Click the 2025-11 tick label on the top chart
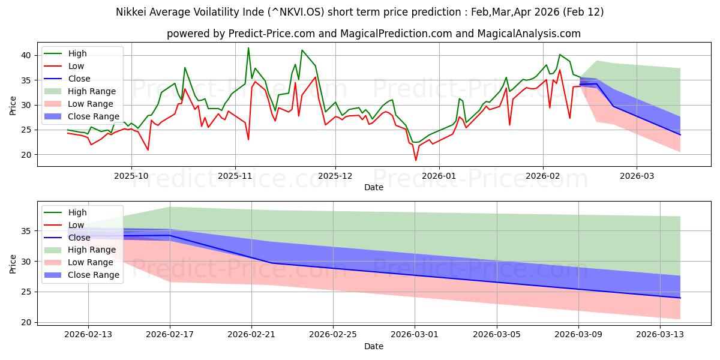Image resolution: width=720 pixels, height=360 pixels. [235, 176]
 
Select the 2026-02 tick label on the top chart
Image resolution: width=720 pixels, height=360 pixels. [543, 176]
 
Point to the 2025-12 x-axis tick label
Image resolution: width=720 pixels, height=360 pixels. [335, 176]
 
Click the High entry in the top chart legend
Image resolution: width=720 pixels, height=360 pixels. [78, 53]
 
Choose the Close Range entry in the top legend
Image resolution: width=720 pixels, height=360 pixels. [94, 116]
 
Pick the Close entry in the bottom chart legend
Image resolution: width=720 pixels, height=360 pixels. [79, 237]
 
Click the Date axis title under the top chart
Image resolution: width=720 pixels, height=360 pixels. [373, 187]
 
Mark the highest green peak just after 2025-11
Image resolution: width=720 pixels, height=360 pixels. [248, 48]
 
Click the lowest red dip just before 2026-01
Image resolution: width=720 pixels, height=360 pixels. [416, 160]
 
